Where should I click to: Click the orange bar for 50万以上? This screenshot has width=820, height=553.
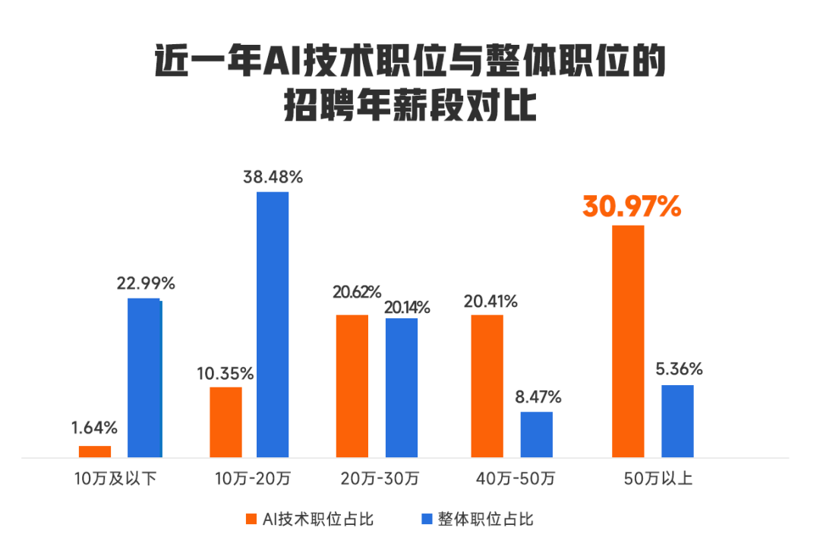(628, 342)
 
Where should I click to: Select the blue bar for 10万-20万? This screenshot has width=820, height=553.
(273, 325)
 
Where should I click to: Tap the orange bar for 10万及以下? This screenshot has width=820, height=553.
(95, 452)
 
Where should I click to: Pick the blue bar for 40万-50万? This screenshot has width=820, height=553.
(536, 435)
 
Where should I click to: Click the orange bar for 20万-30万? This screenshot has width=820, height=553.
(352, 386)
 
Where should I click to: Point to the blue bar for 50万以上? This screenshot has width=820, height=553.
(677, 422)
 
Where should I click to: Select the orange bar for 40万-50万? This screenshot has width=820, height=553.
(487, 386)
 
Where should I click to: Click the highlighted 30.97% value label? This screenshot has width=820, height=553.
(632, 207)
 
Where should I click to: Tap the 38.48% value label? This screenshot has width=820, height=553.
(273, 178)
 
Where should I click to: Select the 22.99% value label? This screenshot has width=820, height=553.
(146, 284)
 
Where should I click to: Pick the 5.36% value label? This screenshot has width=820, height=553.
(678, 370)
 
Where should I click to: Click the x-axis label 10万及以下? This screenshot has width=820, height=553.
(115, 479)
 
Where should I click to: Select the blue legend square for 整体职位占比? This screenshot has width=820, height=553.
(427, 520)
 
